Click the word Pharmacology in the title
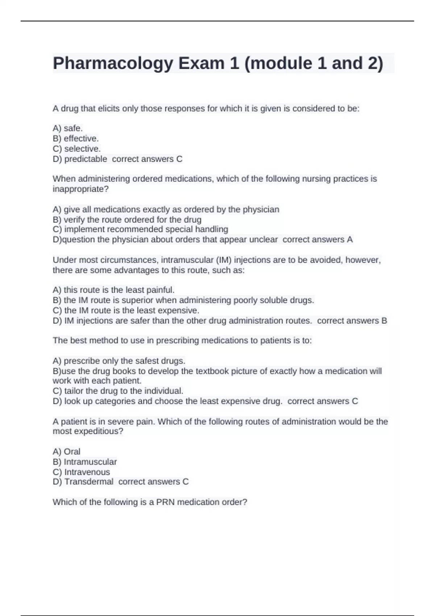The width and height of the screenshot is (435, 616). (x=113, y=63)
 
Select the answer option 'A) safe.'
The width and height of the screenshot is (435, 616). (x=68, y=128)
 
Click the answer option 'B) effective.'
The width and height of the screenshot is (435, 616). (x=76, y=138)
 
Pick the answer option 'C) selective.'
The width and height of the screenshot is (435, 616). (x=76, y=149)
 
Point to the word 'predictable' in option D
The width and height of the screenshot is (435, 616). (x=86, y=159)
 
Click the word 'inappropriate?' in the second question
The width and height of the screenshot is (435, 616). (x=80, y=189)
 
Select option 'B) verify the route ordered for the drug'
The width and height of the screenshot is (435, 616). (x=127, y=220)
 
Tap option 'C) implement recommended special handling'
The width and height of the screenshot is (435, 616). (x=140, y=229)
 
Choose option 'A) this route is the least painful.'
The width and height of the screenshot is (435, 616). (x=113, y=290)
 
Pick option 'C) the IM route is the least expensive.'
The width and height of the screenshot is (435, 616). (x=126, y=311)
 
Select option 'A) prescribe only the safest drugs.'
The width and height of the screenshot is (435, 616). (x=119, y=361)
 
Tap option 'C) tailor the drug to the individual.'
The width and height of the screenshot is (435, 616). (x=118, y=391)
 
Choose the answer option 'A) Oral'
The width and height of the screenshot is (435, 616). (x=66, y=451)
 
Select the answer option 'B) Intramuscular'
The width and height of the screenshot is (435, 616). (x=84, y=462)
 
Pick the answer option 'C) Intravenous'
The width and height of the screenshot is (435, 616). (x=81, y=472)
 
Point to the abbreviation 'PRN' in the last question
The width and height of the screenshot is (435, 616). (x=165, y=502)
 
